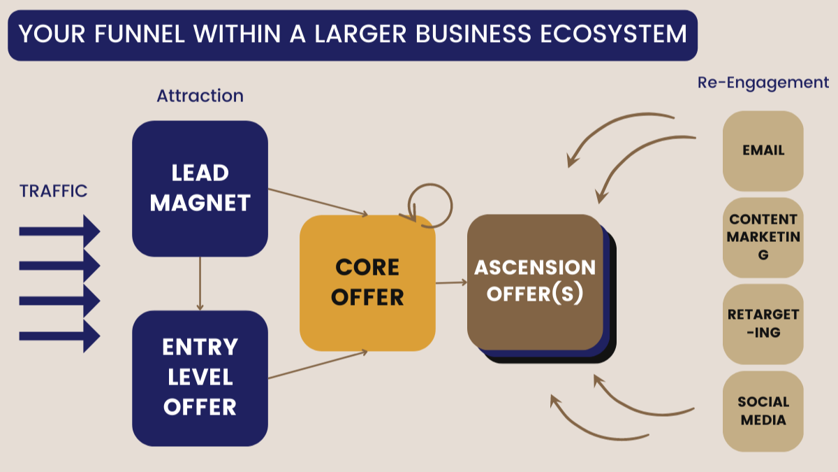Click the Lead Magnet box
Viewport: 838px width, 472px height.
pyautogui.click(x=200, y=187)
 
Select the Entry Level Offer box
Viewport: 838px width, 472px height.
pyautogui.click(x=200, y=378)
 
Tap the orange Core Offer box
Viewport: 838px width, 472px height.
pyautogui.click(x=367, y=283)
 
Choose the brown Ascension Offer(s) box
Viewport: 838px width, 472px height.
pyautogui.click(x=534, y=281)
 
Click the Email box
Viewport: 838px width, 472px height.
pyautogui.click(x=763, y=150)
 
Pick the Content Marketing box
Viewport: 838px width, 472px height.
pyautogui.click(x=763, y=237)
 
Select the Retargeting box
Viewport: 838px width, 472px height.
pyautogui.click(x=763, y=324)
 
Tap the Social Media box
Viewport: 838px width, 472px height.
pyautogui.click(x=763, y=411)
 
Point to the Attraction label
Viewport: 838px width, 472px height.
pyautogui.click(x=200, y=96)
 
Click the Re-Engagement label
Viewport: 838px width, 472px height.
pyautogui.click(x=763, y=83)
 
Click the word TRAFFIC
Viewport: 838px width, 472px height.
pyautogui.click(x=54, y=191)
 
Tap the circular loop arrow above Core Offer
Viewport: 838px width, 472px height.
pyautogui.click(x=430, y=204)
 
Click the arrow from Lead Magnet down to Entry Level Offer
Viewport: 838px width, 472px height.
pyautogui.click(x=200, y=283)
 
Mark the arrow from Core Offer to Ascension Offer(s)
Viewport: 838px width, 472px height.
pyautogui.click(x=451, y=283)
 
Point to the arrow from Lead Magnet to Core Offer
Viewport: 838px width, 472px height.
pyautogui.click(x=318, y=202)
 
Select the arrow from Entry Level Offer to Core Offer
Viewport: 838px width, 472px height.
pyautogui.click(x=318, y=364)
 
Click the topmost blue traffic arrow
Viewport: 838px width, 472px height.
pyautogui.click(x=59, y=231)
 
